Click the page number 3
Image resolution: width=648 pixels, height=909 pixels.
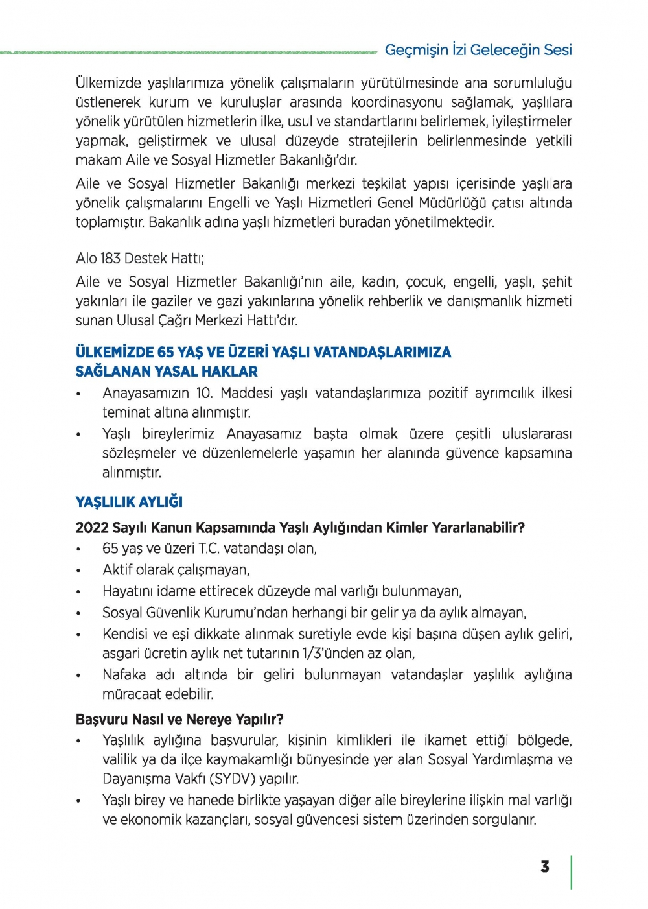click(545, 867)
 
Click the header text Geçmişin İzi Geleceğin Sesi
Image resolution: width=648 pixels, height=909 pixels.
click(478, 50)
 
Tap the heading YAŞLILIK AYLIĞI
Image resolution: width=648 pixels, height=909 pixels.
click(129, 502)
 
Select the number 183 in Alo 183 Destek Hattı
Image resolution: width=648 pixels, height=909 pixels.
click(110, 258)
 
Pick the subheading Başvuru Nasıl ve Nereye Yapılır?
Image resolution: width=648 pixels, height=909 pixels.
click(179, 719)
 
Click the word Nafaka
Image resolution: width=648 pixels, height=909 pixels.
click(124, 674)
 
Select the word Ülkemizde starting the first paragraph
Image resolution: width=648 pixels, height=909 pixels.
click(108, 83)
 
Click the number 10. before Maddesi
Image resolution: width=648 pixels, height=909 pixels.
click(204, 393)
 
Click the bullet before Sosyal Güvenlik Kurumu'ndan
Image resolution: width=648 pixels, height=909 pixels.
click(78, 613)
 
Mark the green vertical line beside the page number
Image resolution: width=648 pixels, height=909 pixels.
click(571, 872)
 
